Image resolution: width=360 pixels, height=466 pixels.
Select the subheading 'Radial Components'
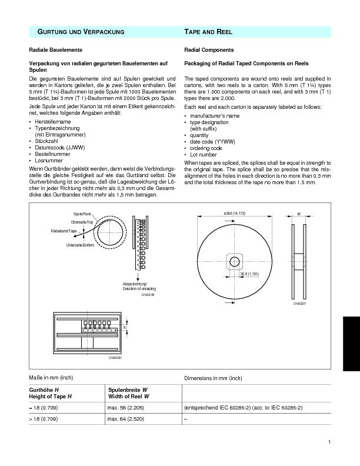pos(209,50)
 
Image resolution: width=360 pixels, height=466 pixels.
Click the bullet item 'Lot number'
pos(204,155)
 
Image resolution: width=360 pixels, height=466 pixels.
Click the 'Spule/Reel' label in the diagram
pos(82,215)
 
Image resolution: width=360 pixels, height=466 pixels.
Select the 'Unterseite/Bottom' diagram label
pos(79,244)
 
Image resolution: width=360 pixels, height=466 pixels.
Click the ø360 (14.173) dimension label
pos(234,212)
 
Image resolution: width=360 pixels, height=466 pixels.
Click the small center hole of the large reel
pos(234,261)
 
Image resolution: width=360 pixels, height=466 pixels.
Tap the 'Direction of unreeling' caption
pos(139,289)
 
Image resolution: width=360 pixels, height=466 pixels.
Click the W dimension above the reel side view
pos(299,214)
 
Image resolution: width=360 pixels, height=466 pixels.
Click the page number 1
pos(330,442)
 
